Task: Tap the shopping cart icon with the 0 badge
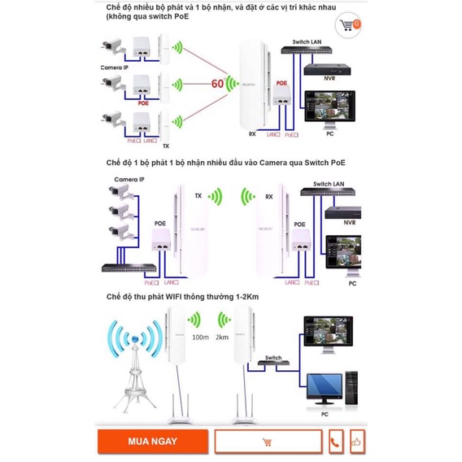click(x=349, y=26)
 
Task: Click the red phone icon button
click(x=336, y=442)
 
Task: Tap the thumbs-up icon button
click(x=356, y=442)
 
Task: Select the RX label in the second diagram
click(x=268, y=196)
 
